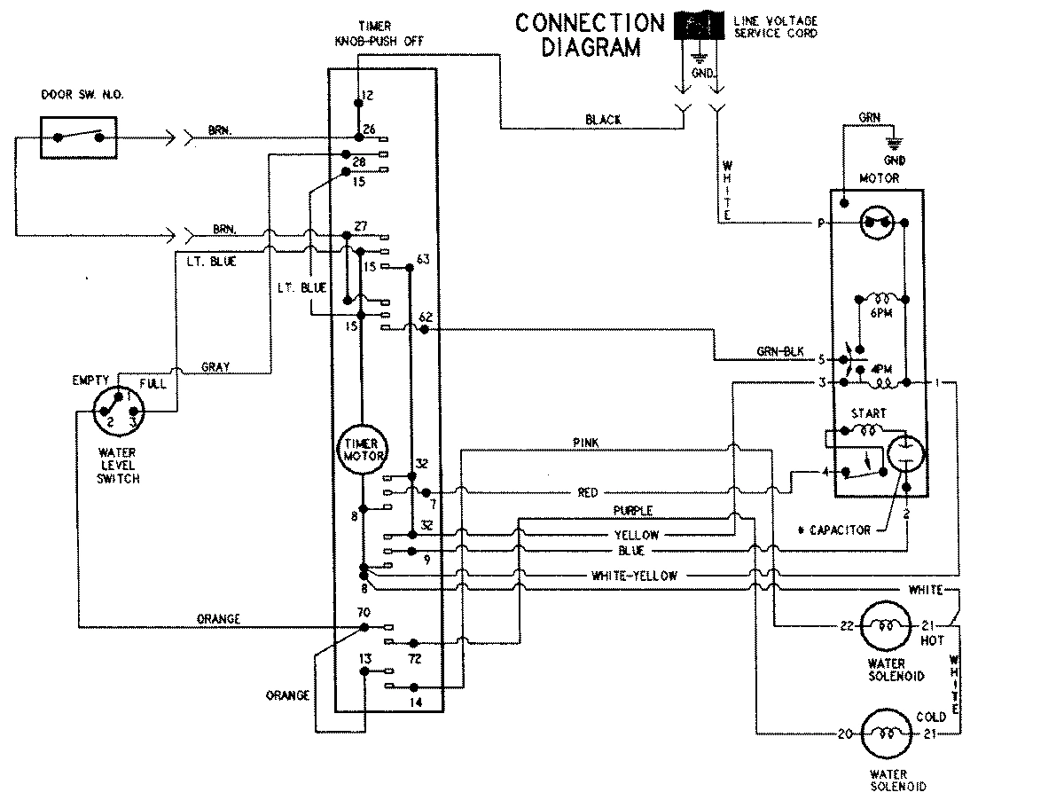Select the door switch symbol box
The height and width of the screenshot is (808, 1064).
(x=78, y=137)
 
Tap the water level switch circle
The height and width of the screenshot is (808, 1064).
(x=118, y=413)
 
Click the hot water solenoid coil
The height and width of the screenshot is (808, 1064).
(x=888, y=625)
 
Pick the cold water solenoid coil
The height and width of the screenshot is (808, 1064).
(x=888, y=733)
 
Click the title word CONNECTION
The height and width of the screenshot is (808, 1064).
(x=590, y=23)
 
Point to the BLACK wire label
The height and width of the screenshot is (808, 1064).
(x=604, y=119)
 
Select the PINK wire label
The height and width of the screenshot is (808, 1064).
(x=588, y=442)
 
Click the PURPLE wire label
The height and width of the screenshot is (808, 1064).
(x=633, y=511)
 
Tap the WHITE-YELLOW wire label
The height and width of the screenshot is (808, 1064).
(x=634, y=576)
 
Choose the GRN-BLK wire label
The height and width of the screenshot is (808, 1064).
(x=780, y=352)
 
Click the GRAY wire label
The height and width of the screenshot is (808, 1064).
(x=217, y=366)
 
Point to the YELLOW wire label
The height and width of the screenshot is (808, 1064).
(x=637, y=535)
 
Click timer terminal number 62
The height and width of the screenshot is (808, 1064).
(x=425, y=317)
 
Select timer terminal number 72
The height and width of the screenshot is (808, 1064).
(x=414, y=659)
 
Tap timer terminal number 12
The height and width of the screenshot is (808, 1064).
(x=369, y=95)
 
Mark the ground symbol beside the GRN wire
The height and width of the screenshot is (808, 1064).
(x=894, y=143)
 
